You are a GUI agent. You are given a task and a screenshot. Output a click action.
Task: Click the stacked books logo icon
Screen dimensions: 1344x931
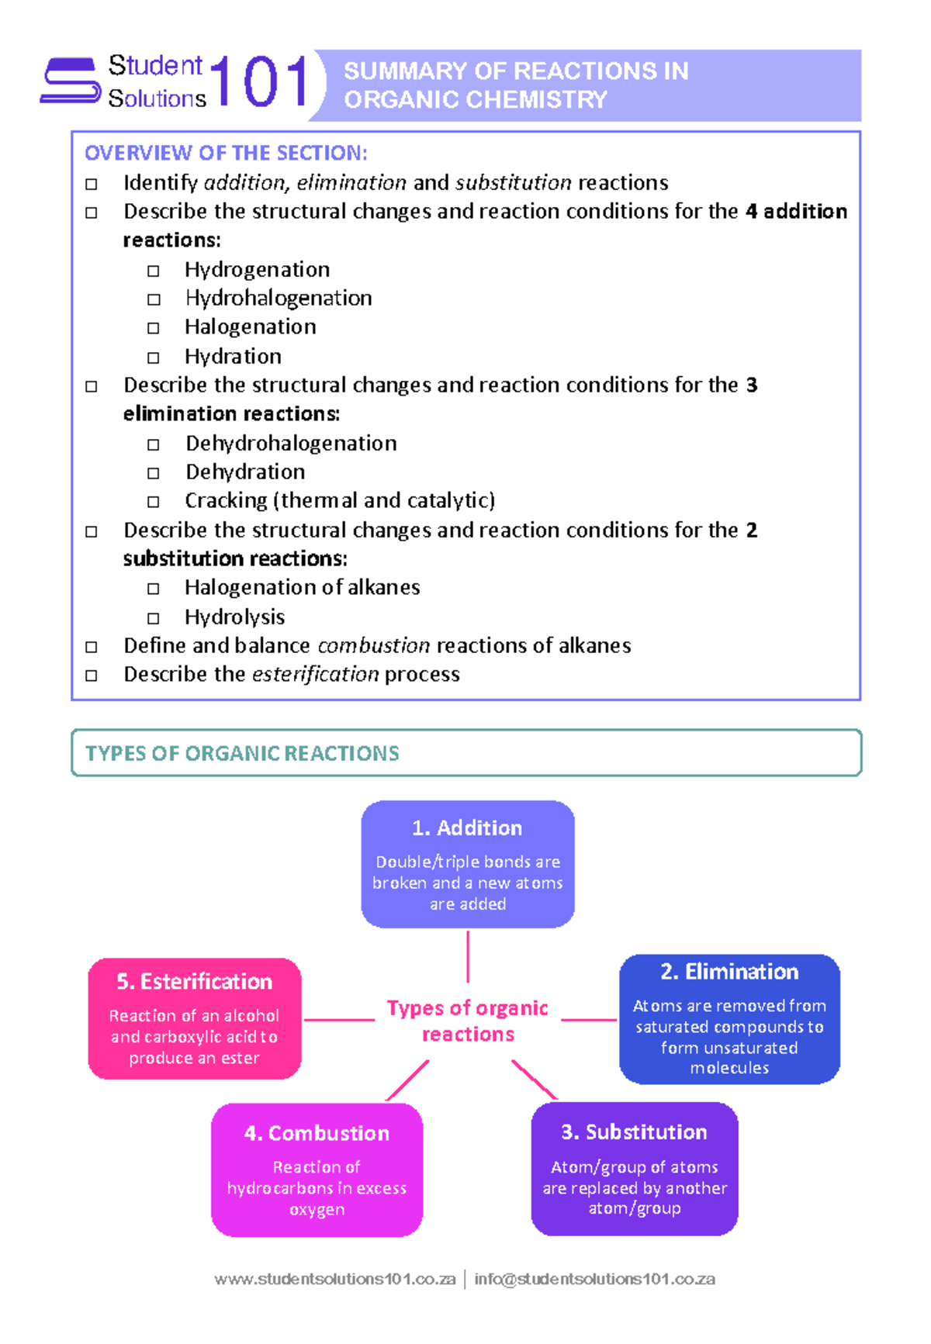(x=71, y=80)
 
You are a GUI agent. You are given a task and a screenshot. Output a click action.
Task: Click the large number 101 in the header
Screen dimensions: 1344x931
(x=259, y=81)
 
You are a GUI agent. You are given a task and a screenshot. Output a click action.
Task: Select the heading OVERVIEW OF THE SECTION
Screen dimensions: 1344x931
(x=226, y=153)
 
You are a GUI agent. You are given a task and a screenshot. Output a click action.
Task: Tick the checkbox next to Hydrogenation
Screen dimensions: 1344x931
(x=154, y=271)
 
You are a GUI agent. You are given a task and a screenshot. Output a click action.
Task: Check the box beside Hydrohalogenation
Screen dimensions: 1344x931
(x=154, y=299)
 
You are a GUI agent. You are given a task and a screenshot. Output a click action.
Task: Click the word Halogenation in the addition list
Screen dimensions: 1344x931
(x=250, y=326)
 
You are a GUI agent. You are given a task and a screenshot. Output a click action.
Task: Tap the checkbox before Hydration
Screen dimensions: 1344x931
(x=154, y=358)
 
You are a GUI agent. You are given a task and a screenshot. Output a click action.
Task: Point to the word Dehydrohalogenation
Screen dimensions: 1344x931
(x=291, y=443)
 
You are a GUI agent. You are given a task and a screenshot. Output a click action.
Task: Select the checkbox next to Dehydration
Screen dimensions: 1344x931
(x=154, y=473)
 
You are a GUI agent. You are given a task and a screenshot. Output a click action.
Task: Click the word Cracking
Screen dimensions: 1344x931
(x=226, y=500)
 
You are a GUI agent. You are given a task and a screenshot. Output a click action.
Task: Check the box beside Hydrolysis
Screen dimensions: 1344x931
(x=154, y=618)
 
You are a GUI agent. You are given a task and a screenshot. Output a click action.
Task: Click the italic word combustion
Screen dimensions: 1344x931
(x=373, y=645)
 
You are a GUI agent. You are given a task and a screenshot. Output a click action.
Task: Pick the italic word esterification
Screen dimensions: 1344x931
(x=316, y=674)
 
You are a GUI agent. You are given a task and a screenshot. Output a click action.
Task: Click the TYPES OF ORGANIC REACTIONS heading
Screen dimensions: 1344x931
(x=242, y=753)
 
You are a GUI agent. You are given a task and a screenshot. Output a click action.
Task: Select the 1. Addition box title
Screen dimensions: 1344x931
(x=467, y=827)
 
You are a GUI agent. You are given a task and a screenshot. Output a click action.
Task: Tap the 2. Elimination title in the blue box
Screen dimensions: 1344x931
(x=729, y=972)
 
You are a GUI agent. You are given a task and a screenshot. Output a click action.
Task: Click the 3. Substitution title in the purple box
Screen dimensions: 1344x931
(x=634, y=1132)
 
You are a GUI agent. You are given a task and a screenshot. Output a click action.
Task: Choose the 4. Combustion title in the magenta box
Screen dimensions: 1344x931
(x=317, y=1133)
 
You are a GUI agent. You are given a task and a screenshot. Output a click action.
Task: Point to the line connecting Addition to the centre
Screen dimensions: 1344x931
(x=468, y=956)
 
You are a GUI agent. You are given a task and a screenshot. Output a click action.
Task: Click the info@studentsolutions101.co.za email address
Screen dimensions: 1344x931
(x=594, y=1279)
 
